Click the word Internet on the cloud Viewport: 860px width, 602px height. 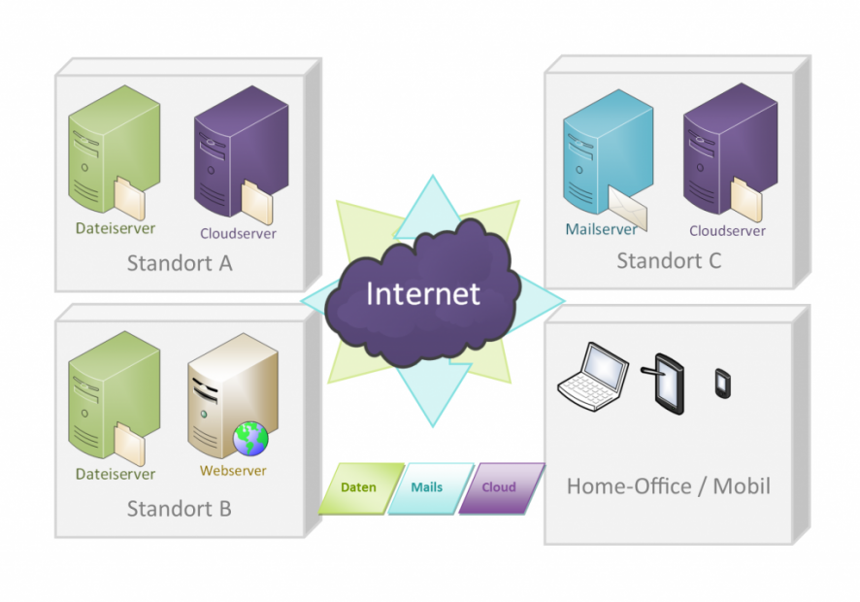tap(422, 293)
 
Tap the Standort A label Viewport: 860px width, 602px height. tap(180, 263)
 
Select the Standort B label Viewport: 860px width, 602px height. tap(180, 508)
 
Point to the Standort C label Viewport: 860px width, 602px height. tap(669, 260)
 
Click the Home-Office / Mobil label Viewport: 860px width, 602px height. tap(669, 485)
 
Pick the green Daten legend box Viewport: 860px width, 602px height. tap(358, 487)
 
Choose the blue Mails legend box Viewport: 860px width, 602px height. tap(427, 487)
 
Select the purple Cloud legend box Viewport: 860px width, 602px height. tap(499, 487)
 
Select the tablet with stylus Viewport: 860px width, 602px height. tap(667, 383)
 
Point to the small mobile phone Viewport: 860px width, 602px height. tap(722, 383)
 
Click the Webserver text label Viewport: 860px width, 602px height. tap(233, 471)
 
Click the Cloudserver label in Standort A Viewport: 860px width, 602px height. tap(238, 233)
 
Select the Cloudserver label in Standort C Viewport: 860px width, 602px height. tap(727, 231)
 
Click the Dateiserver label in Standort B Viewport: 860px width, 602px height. tap(115, 474)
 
